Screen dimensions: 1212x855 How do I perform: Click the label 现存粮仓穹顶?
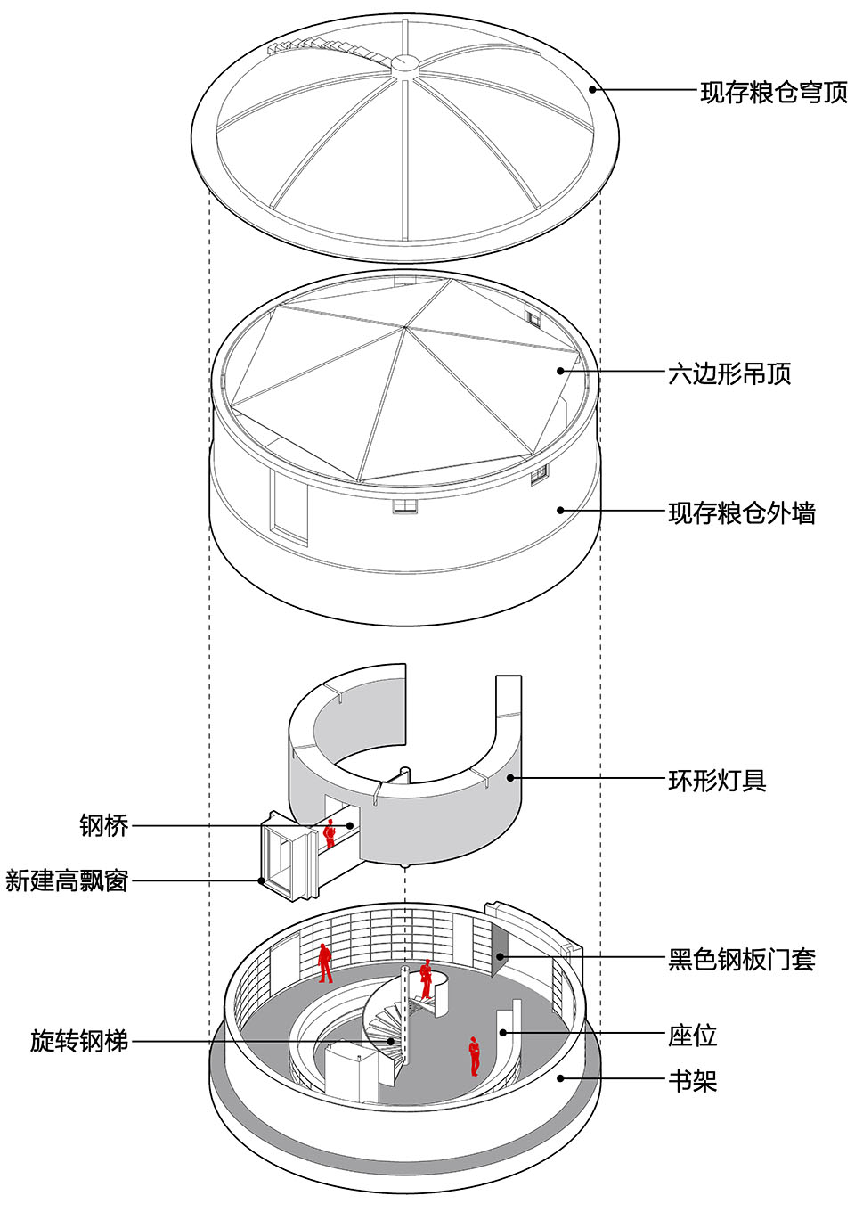pyautogui.click(x=773, y=92)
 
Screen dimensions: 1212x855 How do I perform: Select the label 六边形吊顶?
pyautogui.click(x=729, y=373)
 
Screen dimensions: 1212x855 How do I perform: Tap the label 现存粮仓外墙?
pyautogui.click(x=741, y=513)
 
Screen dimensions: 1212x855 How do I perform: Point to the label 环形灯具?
pyautogui.click(x=717, y=781)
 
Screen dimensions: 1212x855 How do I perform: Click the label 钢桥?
pyautogui.click(x=104, y=826)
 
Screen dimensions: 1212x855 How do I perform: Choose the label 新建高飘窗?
pyautogui.click(x=67, y=881)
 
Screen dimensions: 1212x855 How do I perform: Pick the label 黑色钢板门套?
pyautogui.click(x=741, y=960)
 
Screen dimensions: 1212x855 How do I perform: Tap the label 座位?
pyautogui.click(x=692, y=1036)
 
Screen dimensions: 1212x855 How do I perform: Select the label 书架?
pyautogui.click(x=692, y=1081)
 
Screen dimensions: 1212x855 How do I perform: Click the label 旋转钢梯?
pyautogui.click(x=79, y=1041)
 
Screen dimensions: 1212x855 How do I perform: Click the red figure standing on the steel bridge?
pyautogui.click(x=330, y=833)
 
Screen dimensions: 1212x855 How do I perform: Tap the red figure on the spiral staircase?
pyautogui.click(x=427, y=978)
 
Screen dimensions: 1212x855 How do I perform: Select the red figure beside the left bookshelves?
pyautogui.click(x=325, y=963)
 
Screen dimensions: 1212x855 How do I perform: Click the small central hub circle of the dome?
pyautogui.click(x=404, y=62)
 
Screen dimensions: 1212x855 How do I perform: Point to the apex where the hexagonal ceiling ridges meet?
pyautogui.click(x=405, y=327)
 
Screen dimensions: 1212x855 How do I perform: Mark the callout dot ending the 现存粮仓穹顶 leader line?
pyautogui.click(x=592, y=89)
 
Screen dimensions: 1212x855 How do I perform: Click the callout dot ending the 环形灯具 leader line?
pyautogui.click(x=511, y=778)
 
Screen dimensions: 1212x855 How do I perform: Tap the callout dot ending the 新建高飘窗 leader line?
pyautogui.click(x=262, y=881)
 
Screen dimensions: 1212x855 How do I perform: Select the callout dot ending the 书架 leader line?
pyautogui.click(x=560, y=1078)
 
